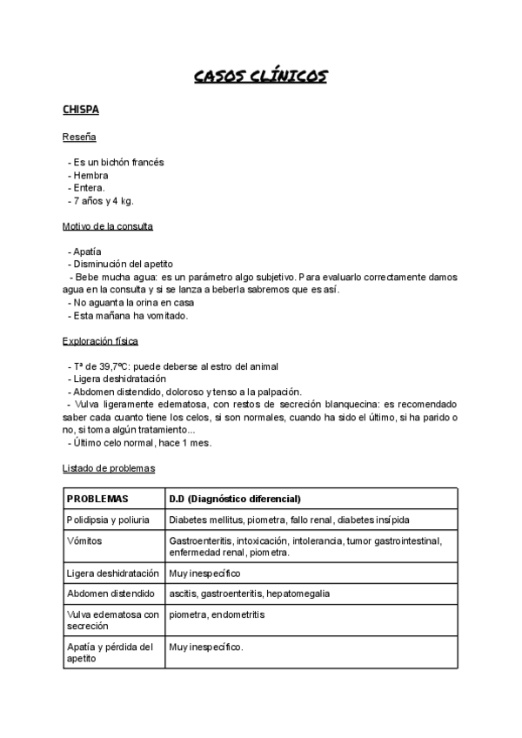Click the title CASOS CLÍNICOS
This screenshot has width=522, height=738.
260,77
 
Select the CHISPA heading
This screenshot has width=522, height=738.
81,111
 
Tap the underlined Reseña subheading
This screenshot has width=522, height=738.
79,138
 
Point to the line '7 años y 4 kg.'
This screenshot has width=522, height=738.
104,201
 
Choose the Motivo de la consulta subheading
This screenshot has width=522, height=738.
108,226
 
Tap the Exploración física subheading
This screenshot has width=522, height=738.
100,341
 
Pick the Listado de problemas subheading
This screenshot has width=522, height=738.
109,468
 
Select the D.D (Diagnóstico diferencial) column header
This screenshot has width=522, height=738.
235,499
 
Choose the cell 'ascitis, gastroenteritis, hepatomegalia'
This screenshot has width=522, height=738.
250,594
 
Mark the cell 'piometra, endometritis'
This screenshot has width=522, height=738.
217,614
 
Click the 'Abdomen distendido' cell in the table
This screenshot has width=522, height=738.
110,594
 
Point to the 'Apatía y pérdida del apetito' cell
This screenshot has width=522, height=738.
110,653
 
